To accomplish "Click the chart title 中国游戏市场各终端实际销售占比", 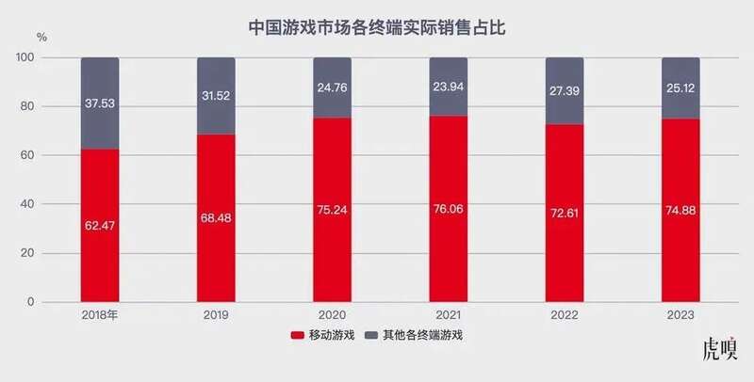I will (x=377, y=27).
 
